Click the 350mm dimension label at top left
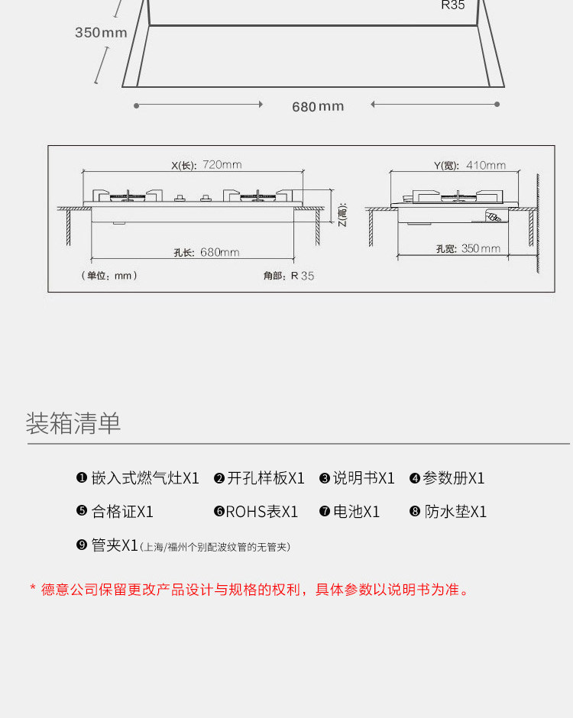101,32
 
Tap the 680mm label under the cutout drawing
318,106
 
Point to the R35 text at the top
452,5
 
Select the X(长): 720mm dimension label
206,165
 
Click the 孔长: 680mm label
206,252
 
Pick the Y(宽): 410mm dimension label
469,165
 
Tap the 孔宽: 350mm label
468,248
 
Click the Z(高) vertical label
342,216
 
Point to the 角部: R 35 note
288,276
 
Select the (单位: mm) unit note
109,276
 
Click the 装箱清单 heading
73,423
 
